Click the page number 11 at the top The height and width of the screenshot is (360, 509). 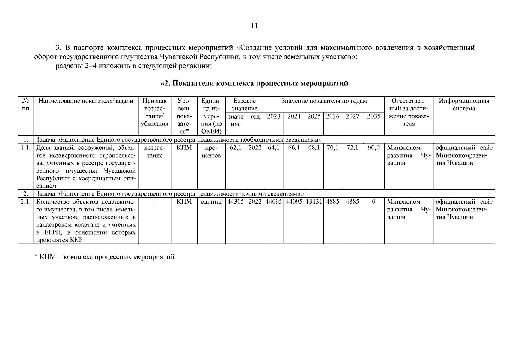point(254,26)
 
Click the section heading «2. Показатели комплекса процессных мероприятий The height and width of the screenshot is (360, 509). point(255,83)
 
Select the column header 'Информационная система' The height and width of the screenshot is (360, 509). point(464,105)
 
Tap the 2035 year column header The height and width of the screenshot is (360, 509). point(374,116)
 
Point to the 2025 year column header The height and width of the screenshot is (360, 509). point(314,116)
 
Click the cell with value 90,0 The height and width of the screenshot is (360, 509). point(374,148)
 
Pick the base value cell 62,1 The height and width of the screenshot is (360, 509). point(235,148)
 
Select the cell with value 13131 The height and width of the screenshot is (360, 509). point(314,202)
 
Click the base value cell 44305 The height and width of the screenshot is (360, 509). point(235,202)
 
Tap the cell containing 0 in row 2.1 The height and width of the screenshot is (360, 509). point(374,202)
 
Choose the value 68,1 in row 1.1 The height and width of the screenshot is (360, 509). point(314,148)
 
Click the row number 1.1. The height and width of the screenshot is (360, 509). point(25,148)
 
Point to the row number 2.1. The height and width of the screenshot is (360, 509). point(25,202)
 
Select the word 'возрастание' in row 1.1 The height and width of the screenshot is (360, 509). point(155,151)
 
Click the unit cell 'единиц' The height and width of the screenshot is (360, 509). point(211,202)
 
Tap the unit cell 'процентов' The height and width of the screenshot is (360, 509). point(211,151)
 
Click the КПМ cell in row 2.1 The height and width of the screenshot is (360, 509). point(184,202)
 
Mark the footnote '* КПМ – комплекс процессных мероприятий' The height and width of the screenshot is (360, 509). point(105,257)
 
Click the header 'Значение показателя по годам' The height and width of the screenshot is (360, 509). point(324,101)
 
